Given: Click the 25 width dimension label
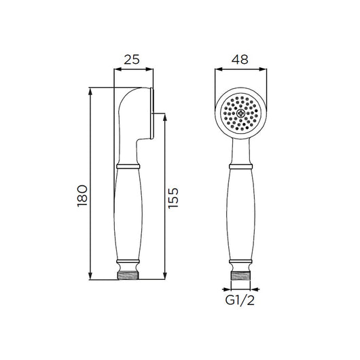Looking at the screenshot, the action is tap(132, 60).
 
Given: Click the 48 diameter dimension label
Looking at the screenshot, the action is tap(240, 60).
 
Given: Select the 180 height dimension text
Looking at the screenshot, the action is tap(83, 196).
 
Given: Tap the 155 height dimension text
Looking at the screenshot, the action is tap(173, 198).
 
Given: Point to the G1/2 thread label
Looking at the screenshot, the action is tap(240, 300).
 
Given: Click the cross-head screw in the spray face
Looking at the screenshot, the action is tap(240, 113).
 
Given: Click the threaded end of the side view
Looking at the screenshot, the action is tap(128, 276).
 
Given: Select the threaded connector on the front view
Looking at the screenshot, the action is tap(240, 276).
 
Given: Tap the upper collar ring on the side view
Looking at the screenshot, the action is tap(128, 166).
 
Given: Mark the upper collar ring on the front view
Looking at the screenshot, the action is tap(240, 166).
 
